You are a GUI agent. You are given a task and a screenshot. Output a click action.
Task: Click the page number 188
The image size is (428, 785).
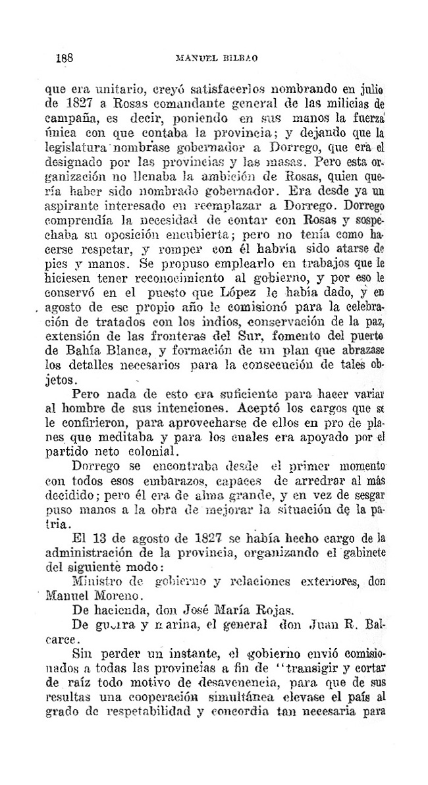tap(64, 57)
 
